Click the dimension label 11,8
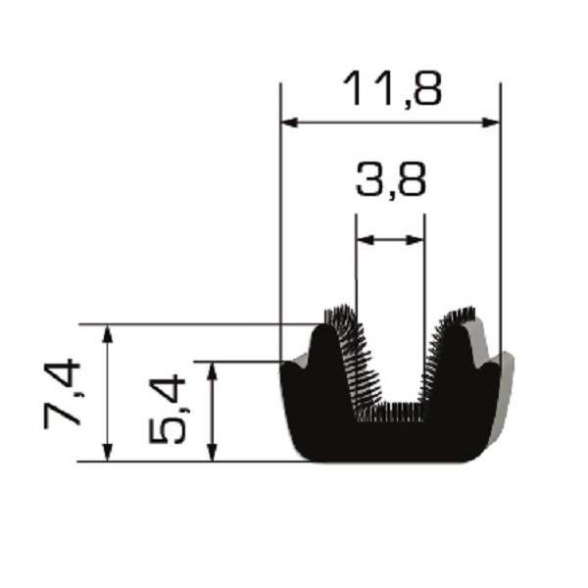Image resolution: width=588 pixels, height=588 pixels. point(392,89)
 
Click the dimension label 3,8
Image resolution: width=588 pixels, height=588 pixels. point(390,179)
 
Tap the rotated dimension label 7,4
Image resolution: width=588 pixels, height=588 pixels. point(63,393)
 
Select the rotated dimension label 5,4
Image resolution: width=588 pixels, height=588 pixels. point(167,410)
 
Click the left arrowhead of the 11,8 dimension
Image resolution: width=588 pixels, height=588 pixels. point(289,122)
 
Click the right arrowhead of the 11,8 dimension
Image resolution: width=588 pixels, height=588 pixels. point(491,122)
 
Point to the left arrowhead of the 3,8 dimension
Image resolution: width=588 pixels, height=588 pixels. point(366,240)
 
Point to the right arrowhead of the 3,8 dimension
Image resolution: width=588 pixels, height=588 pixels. point(416,240)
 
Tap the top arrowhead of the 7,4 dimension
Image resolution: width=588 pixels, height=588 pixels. point(108,334)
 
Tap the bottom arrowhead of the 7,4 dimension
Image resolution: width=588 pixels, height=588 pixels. point(108,452)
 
